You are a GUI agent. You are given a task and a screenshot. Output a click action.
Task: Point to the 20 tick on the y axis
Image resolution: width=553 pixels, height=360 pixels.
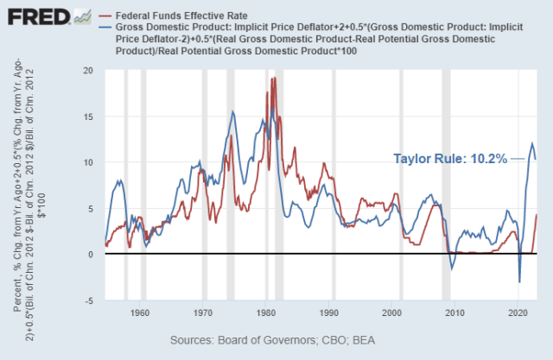(87, 70)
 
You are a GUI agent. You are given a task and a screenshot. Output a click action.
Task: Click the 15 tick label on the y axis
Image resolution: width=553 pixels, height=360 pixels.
(87, 117)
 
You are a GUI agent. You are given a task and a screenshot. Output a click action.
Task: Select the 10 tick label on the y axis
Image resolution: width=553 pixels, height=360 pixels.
(87, 162)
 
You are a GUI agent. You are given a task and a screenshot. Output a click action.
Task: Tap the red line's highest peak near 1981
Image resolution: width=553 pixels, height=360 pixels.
(274, 79)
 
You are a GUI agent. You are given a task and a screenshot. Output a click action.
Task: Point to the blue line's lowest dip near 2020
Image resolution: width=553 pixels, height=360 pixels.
(519, 281)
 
